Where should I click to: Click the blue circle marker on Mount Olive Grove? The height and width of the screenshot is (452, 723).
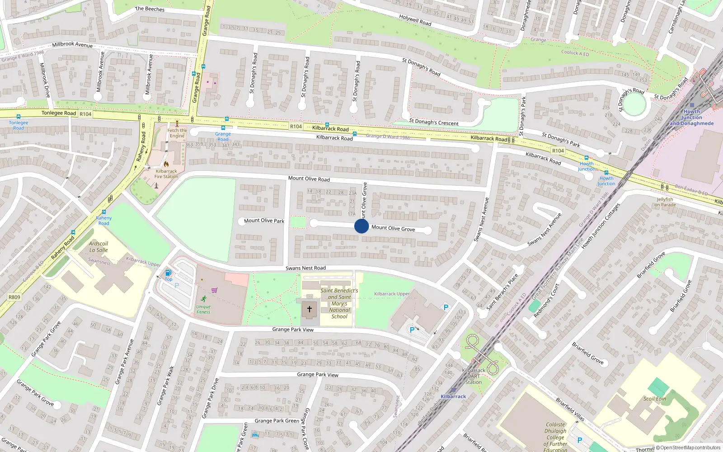tap(361, 226)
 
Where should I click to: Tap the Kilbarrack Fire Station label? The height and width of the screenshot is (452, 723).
tap(166, 174)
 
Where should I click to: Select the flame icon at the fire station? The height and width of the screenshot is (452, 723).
tap(166, 164)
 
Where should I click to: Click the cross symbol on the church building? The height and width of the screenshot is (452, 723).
tap(310, 309)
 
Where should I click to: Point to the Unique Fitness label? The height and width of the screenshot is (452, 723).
tap(203, 309)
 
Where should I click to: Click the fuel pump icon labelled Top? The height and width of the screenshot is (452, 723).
tap(168, 273)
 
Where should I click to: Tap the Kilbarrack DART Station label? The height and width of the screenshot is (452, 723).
tap(474, 376)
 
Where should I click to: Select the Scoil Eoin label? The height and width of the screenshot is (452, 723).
tap(655, 399)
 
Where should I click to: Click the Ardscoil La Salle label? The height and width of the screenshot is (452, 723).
tap(99, 246)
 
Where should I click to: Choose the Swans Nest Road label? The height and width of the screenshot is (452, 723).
tap(305, 268)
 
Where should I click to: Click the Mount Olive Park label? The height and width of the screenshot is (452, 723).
tap(264, 221)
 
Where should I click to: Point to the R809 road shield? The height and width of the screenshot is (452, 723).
tap(14, 297)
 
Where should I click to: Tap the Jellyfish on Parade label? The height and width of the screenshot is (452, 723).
tap(665, 202)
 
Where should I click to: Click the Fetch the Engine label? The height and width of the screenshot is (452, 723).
tap(177, 133)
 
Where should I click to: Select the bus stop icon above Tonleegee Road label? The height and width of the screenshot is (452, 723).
tap(19, 117)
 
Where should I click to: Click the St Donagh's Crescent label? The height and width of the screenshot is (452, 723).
tap(433, 122)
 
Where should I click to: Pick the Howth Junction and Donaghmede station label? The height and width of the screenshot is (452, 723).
tap(691, 118)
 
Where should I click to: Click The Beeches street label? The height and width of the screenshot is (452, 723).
tap(150, 9)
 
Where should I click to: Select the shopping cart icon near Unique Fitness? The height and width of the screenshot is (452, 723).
tap(214, 290)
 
